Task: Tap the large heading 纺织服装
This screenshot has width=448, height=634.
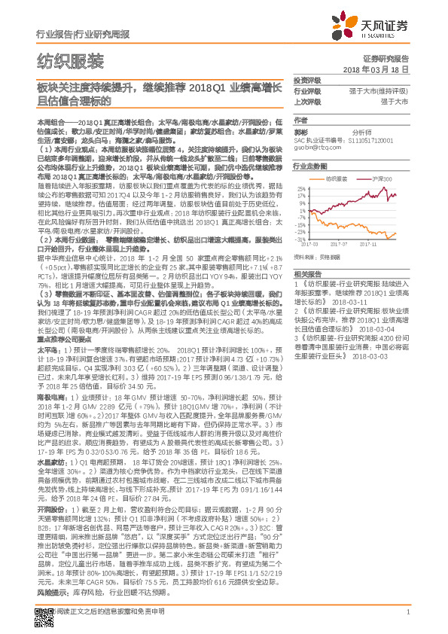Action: (71, 60)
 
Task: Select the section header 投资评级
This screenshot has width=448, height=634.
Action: (306, 80)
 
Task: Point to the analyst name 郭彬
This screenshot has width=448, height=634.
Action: (300, 130)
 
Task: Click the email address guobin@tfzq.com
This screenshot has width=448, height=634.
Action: (315, 148)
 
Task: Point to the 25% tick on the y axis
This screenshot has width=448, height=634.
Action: (300, 188)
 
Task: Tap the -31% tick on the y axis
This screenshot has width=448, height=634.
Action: (300, 239)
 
